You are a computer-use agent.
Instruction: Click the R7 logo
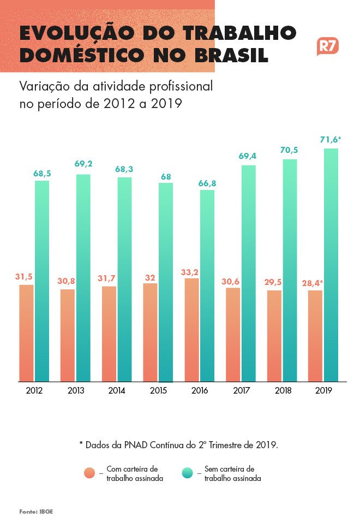327,46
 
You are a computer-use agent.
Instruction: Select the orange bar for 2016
191,330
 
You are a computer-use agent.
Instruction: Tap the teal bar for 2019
331,265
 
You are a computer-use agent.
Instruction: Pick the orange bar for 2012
26,333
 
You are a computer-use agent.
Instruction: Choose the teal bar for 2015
166,282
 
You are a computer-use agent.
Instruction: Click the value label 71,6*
331,140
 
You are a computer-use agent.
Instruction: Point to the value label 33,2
191,271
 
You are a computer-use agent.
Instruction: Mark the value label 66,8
207,183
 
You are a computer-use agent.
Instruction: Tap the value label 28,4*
314,283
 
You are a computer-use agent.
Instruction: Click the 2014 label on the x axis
117,391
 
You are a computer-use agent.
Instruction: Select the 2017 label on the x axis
241,391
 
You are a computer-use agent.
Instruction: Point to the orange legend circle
90,473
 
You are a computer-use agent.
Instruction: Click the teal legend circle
187,473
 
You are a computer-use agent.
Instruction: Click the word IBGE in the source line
46,512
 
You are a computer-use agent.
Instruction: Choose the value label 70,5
290,151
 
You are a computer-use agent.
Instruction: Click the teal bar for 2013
83,278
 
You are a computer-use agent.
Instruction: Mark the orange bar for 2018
274,336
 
